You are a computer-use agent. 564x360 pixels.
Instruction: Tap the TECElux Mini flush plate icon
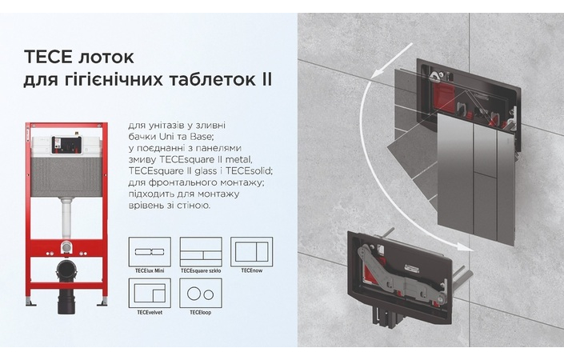tap(149, 251)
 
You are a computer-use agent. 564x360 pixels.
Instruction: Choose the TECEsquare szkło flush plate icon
tap(200, 251)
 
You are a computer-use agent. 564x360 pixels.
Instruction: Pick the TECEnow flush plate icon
tap(251, 251)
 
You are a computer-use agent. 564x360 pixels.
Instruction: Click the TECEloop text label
tap(200, 311)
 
